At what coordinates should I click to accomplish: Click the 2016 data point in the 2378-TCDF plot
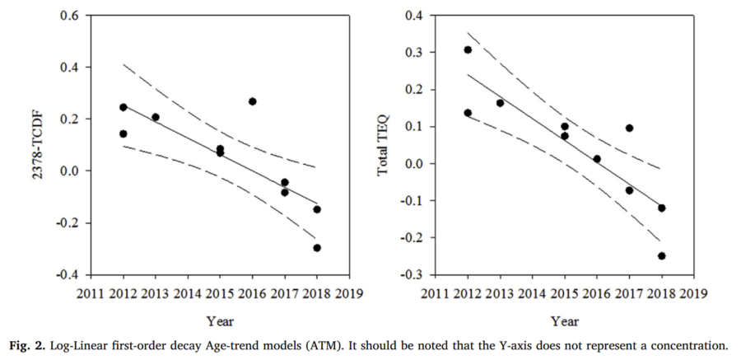click(x=253, y=101)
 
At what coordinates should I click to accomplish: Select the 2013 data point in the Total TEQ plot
click(x=500, y=103)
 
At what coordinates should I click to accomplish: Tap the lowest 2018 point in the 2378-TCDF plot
click(x=317, y=247)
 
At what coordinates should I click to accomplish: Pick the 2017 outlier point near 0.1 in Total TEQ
click(x=629, y=128)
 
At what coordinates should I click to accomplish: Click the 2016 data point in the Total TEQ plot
click(x=597, y=159)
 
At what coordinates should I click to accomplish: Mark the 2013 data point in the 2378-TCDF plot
click(x=156, y=117)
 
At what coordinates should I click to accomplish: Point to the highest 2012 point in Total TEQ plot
click(x=468, y=49)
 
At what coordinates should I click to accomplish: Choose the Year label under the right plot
click(x=565, y=320)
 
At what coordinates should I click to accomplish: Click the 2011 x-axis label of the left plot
click(x=91, y=292)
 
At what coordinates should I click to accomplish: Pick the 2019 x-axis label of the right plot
click(x=693, y=292)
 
